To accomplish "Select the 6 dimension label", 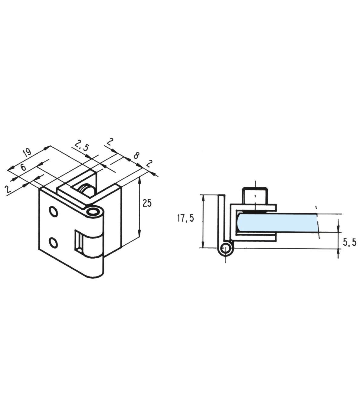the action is (23, 167).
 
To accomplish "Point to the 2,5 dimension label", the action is (81, 145).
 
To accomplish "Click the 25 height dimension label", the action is (147, 204).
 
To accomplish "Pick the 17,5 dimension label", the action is (185, 218).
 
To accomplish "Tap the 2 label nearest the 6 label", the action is (9, 189).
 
